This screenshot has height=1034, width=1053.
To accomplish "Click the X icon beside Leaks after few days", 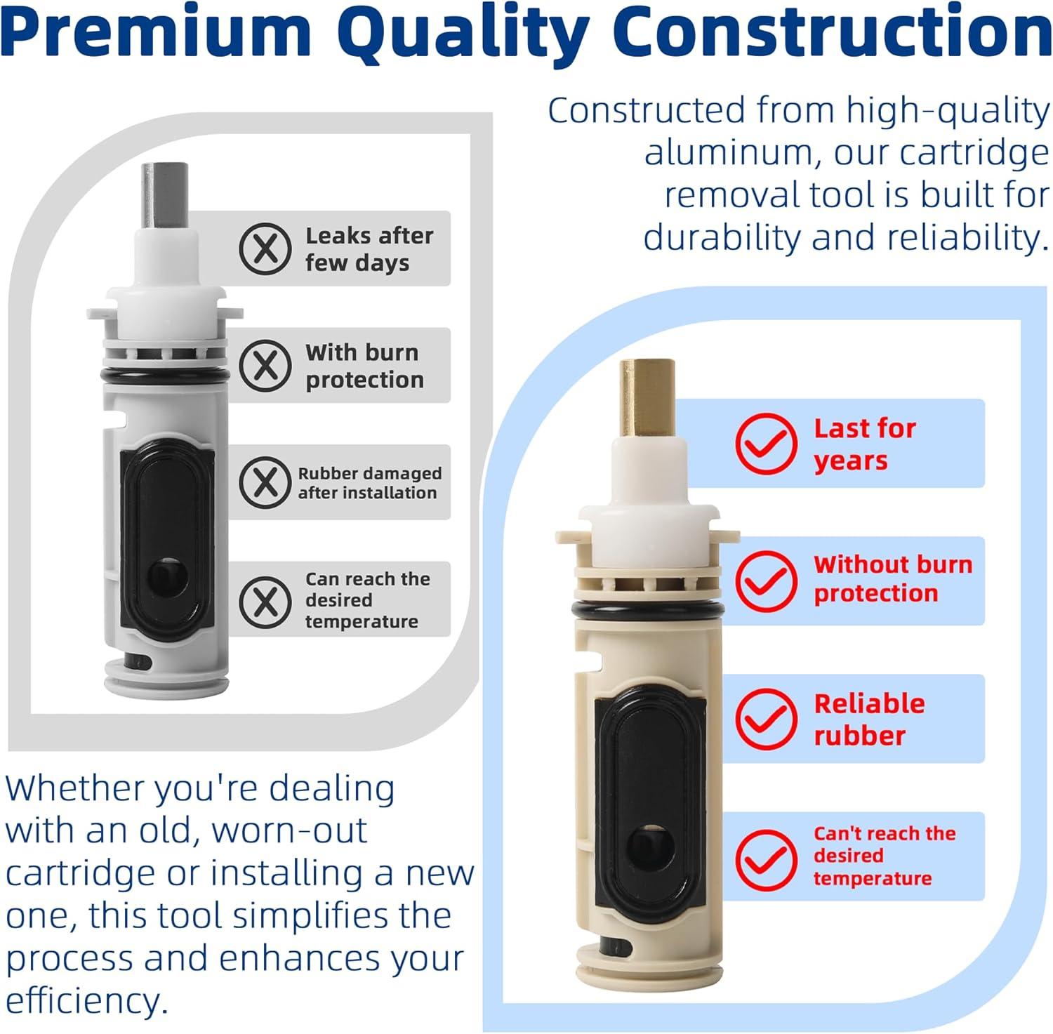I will click(265, 248).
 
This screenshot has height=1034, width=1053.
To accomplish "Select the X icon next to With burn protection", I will click(265, 365).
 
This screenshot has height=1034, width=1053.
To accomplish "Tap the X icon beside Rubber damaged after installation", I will click(265, 482).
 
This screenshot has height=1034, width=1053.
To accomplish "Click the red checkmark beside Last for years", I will click(766, 443).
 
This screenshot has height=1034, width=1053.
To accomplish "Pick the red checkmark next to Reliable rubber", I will click(766, 718).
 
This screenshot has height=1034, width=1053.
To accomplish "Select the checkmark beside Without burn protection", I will click(766, 581).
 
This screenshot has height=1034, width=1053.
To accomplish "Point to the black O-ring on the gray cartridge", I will click(165, 377).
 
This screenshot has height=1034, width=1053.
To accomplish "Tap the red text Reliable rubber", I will click(868, 719).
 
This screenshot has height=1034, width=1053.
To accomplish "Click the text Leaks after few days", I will click(369, 248).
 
